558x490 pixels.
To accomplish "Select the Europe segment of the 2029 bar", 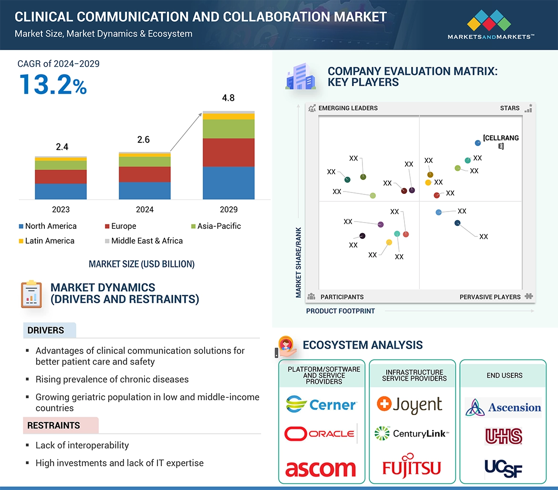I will pos(228,152).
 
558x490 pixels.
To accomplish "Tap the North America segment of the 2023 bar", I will pos(61,191).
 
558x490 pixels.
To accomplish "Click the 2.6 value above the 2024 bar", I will pos(144,139).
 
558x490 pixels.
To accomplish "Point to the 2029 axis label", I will pos(228,209).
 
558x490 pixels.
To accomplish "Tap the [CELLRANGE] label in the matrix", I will pos(501,142).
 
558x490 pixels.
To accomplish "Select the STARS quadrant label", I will pos(510,108).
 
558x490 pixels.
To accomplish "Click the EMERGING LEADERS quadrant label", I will pos(348,108).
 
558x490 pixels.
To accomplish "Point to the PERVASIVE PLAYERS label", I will pos(490,297).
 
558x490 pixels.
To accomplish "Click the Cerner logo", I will pos(321,405).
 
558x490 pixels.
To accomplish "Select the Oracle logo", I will pos(320,434).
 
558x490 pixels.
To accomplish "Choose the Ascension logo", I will pos(503,407).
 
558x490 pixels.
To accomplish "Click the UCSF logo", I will pos(503,468).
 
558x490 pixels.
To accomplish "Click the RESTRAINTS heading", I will pos(53,425).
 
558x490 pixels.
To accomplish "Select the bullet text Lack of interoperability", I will pos(82,445).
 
